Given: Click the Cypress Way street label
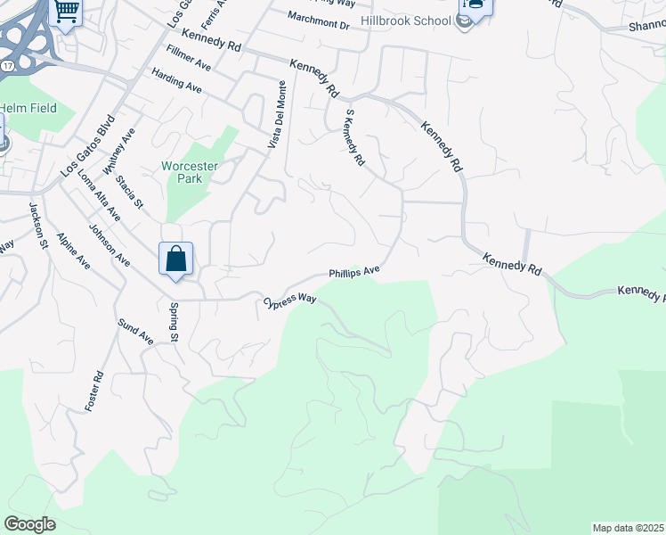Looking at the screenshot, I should (290, 301).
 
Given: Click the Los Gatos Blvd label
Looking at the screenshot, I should (88, 144).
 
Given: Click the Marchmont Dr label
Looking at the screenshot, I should (320, 19).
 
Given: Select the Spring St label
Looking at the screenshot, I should (174, 323).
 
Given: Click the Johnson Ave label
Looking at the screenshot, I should (110, 245).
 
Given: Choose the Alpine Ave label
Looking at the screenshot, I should (73, 251).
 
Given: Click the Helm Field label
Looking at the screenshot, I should (28, 109).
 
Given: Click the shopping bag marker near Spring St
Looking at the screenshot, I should (176, 259).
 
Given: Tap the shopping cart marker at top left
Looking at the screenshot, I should (67, 12).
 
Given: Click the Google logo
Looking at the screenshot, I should (29, 524).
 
